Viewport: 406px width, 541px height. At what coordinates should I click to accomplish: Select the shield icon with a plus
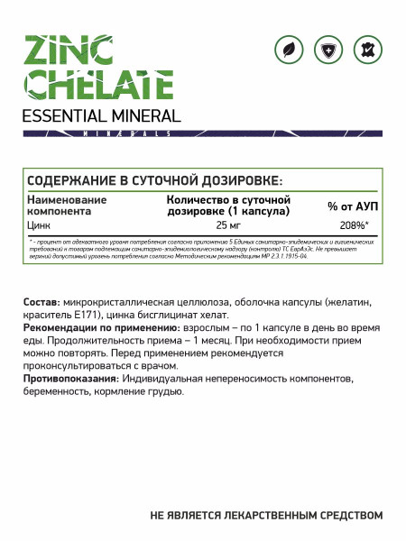(330, 51)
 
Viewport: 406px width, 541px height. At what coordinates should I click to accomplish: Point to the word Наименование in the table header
(68, 199)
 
